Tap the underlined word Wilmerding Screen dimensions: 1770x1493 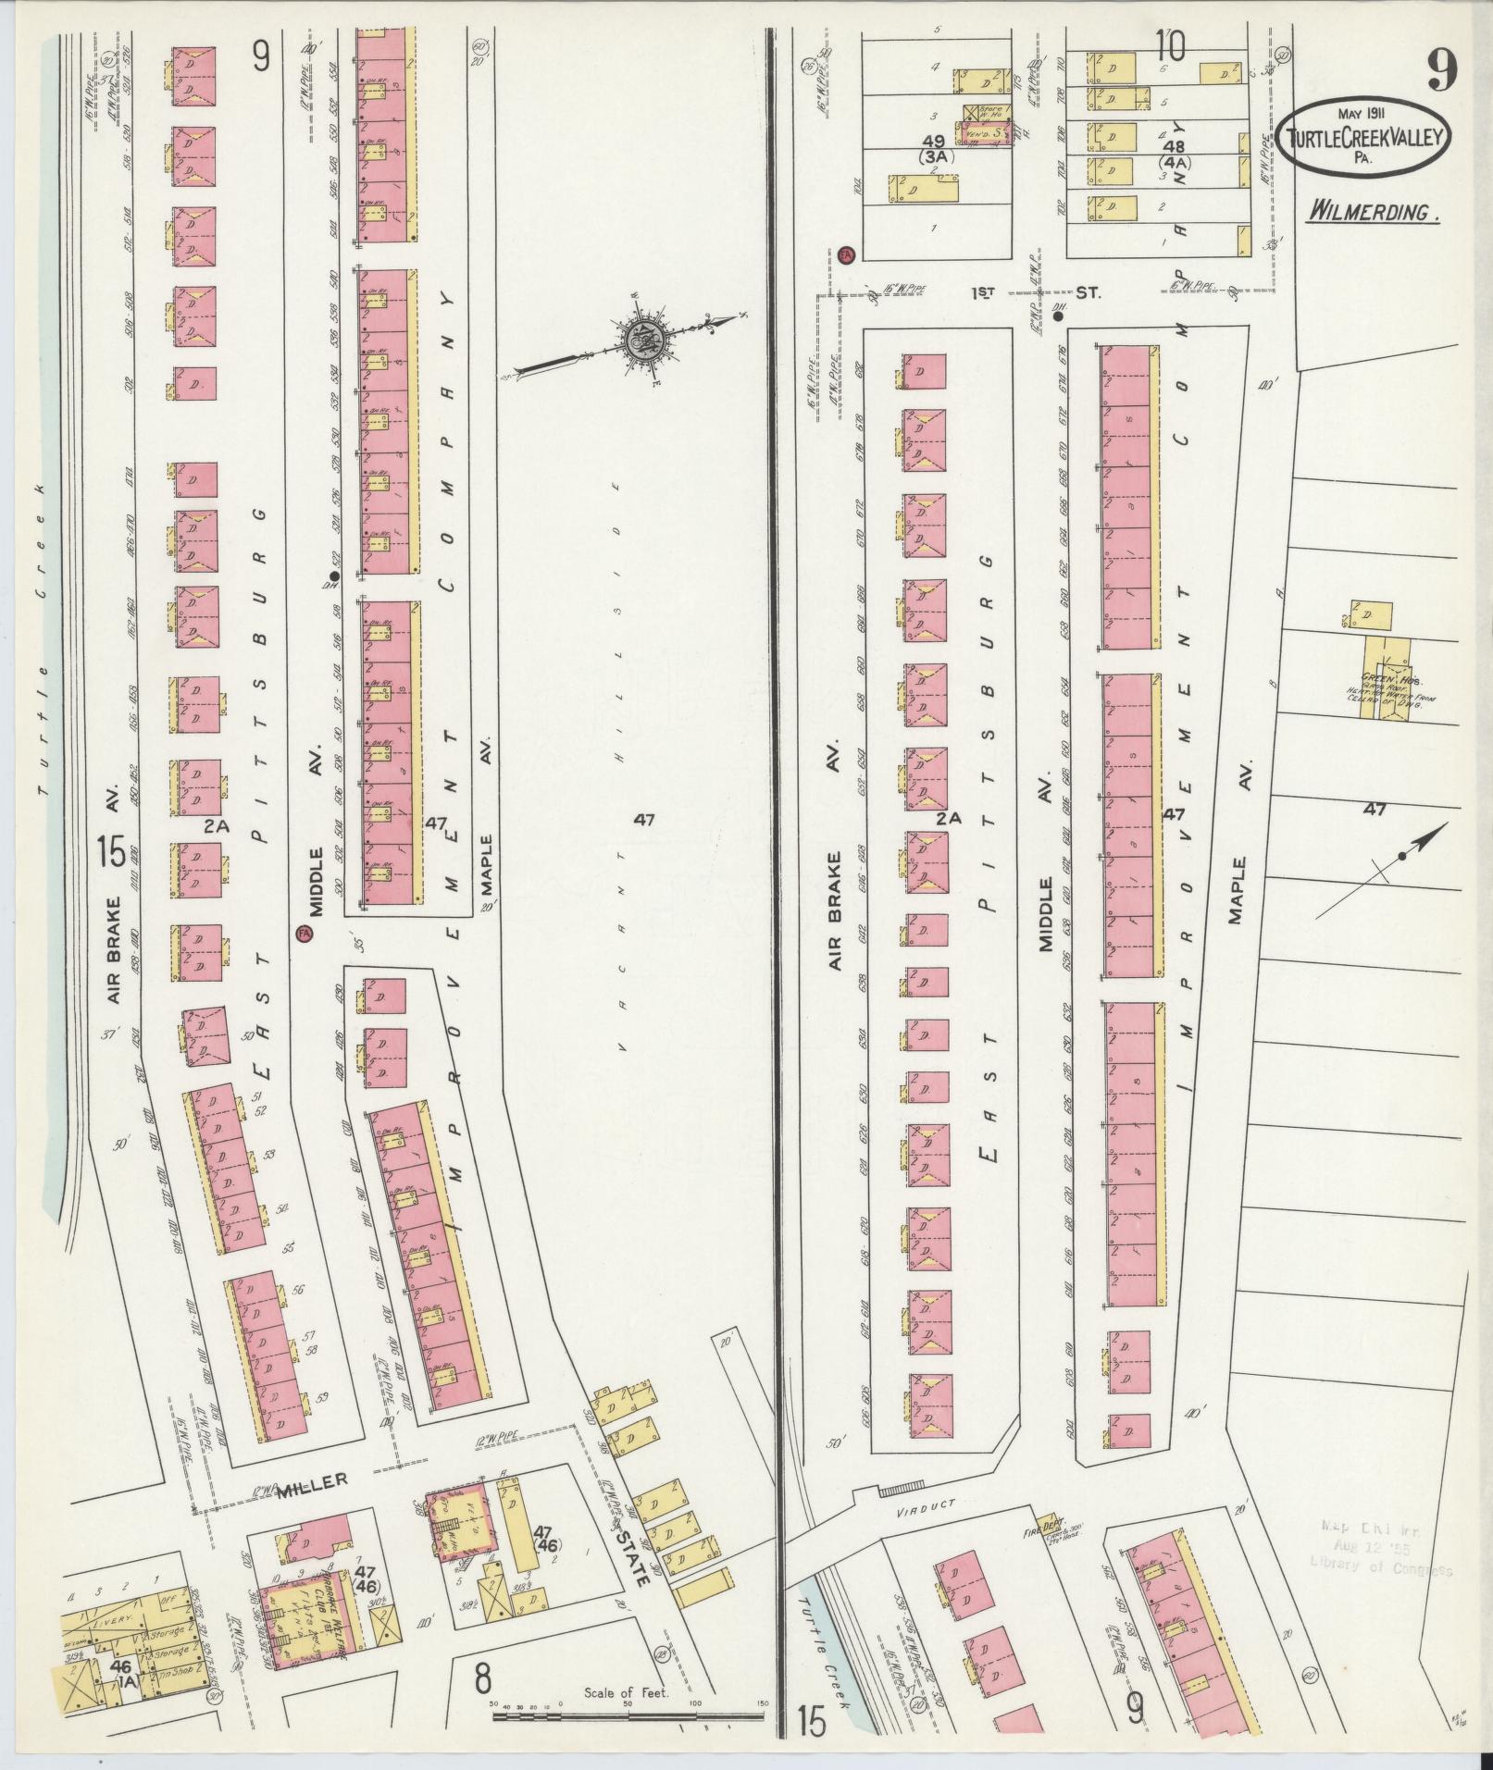tap(1374, 213)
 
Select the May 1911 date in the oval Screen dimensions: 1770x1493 tap(1364, 115)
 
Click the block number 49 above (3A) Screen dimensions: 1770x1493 tap(933, 141)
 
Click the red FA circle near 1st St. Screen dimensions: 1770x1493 tap(846, 253)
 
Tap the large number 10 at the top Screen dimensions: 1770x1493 tap(1170, 43)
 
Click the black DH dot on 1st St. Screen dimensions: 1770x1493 tap(1057, 316)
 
